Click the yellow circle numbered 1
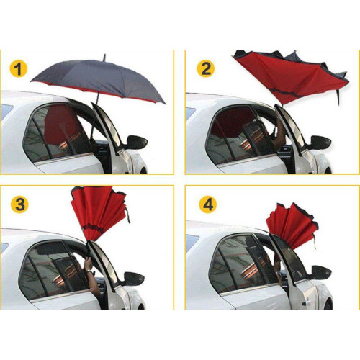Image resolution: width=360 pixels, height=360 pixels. [x=19, y=68]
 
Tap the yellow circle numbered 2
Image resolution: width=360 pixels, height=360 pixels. [x=206, y=68]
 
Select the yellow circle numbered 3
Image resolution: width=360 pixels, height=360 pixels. [x=19, y=204]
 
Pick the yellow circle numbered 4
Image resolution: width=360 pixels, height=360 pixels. [x=208, y=204]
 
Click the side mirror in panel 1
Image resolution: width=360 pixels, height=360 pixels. [x=136, y=143]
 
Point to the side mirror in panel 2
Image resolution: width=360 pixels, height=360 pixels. [x=320, y=143]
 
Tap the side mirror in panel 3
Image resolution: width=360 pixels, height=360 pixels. [x=134, y=279]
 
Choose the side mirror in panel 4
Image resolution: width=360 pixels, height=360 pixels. [x=321, y=272]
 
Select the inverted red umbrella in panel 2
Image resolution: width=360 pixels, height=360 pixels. [x=290, y=77]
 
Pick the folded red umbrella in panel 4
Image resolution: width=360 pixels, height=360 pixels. [x=292, y=225]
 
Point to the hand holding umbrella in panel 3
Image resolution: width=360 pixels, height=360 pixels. [x=88, y=264]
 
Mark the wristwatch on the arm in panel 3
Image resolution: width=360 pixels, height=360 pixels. [x=89, y=271]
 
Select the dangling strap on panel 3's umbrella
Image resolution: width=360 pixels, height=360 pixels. [x=127, y=215]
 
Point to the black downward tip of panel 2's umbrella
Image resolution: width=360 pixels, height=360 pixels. [x=339, y=97]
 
